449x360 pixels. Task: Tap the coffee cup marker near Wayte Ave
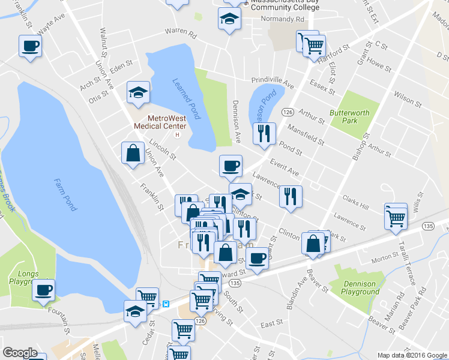[x=30, y=46]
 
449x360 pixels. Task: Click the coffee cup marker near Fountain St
[x=43, y=290]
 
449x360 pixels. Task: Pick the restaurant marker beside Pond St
[x=264, y=134]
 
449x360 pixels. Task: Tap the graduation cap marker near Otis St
[x=138, y=92]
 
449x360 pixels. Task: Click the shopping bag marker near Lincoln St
[x=133, y=154]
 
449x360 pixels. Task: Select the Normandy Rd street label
[x=283, y=19]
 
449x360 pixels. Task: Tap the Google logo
[x=20, y=353]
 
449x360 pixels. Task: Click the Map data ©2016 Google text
[x=412, y=355]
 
